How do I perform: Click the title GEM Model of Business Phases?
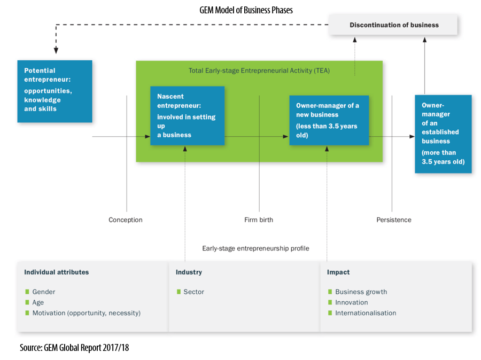[246, 10]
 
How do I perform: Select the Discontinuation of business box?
[394, 25]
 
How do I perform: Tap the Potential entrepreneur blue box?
[55, 91]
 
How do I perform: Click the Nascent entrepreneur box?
[187, 115]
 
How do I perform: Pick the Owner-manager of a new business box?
[329, 120]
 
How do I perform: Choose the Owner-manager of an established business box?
[443, 134]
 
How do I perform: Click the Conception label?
[126, 220]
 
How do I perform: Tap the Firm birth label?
[259, 220]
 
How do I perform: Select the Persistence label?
[393, 220]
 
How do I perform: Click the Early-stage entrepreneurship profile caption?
[255, 248]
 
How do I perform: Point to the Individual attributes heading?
[56, 272]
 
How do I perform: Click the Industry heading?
[189, 272]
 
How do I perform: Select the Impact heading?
[338, 272]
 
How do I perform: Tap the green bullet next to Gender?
[27, 292]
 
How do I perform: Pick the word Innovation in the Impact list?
[351, 302]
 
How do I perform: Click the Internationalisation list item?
[366, 313]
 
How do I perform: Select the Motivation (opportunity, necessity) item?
[86, 313]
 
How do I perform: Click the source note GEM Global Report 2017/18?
[74, 348]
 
